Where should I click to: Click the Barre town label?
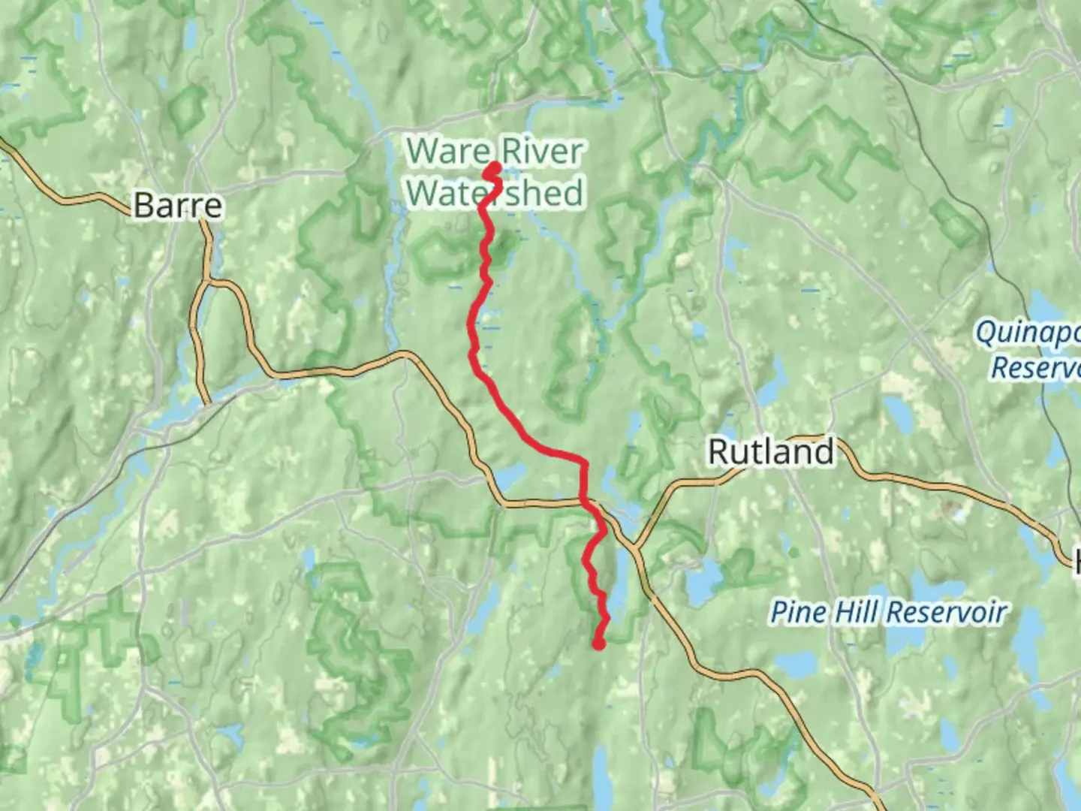pos(178,206)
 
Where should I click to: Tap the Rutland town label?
pos(771,452)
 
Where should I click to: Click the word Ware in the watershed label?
pos(447,152)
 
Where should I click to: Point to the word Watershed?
pos(495,193)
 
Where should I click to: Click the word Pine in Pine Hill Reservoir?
pos(797,612)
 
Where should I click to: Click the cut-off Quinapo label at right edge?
pos(1027,332)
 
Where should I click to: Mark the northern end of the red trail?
pos(495,167)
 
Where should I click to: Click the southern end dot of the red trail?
pos(598,643)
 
